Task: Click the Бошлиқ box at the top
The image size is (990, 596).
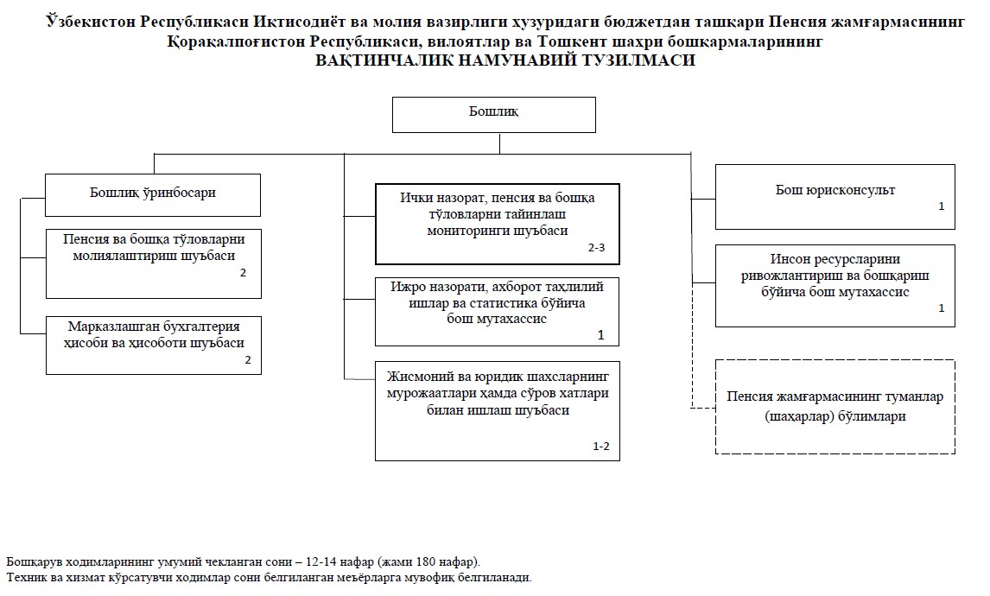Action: [x=493, y=114]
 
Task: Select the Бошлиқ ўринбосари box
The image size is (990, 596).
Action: [x=153, y=194]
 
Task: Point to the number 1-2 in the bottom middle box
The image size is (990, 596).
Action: [x=600, y=447]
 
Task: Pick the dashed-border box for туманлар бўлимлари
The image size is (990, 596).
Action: [x=835, y=406]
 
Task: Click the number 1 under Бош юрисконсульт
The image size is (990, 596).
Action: [x=941, y=207]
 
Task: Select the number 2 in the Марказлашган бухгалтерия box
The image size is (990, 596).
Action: [x=247, y=360]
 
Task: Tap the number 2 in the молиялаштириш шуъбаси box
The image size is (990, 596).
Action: [x=244, y=273]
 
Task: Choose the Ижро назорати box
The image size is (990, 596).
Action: [x=497, y=311]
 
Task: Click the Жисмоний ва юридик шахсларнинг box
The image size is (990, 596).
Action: [x=497, y=410]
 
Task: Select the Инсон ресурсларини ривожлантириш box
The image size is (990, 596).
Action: [x=835, y=285]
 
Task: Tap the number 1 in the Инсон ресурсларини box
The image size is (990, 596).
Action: [x=941, y=308]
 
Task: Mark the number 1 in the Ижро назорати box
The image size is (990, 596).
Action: [x=601, y=334]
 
